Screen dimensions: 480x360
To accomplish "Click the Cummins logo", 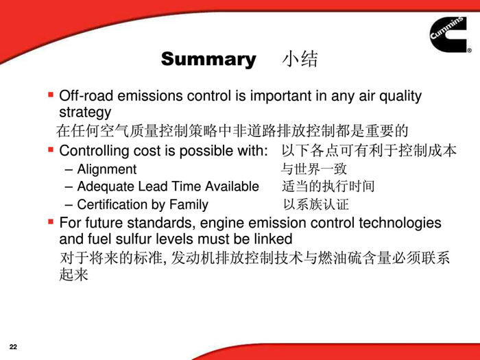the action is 449,34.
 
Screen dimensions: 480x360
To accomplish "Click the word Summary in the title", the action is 208,60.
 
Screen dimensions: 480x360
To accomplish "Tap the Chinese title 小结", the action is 300,59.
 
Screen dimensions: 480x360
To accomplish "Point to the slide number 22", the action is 13,347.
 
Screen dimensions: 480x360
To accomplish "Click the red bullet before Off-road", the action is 51,95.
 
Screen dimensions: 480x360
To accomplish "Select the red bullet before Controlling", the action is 51,149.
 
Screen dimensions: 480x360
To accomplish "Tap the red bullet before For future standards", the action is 51,221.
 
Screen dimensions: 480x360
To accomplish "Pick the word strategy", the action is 85,112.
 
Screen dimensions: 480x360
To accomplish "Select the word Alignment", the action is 107,169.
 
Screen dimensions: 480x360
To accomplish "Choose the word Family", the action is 189,205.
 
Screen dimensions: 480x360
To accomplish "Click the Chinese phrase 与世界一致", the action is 314,169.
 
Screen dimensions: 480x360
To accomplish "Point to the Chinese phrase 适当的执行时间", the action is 328,186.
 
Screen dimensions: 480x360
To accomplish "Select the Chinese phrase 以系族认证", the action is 316,204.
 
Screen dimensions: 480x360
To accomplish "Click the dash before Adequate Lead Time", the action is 69,187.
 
